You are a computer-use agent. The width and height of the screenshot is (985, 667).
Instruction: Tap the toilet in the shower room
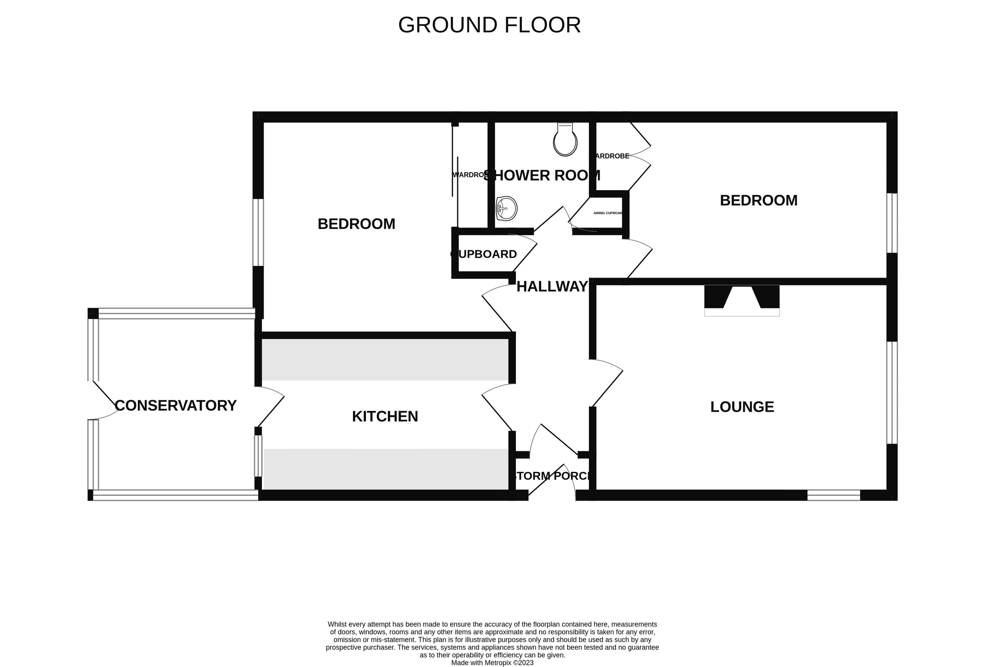pos(565,140)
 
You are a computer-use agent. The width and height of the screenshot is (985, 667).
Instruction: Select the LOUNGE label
pos(742,407)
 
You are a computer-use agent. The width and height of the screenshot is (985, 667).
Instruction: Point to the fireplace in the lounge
pos(742,299)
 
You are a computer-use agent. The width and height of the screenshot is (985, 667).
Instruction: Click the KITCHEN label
pos(385,416)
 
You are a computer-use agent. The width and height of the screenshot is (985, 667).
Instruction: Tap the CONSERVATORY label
pos(176,405)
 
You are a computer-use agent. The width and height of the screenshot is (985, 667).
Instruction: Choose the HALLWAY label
pos(552,287)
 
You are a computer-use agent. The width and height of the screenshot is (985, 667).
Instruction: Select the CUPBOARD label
pos(484,254)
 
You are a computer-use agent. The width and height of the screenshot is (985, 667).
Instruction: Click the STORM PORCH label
pos(552,476)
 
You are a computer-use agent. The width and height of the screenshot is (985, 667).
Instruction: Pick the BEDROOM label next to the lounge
pos(759,200)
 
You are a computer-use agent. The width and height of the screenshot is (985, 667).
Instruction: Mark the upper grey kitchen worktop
pos(385,359)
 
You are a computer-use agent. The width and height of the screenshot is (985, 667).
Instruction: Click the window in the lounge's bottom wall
pos(833,495)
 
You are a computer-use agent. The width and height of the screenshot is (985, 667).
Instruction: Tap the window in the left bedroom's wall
pos(258,232)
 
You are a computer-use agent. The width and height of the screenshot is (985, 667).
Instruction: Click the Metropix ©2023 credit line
pos(492,662)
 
